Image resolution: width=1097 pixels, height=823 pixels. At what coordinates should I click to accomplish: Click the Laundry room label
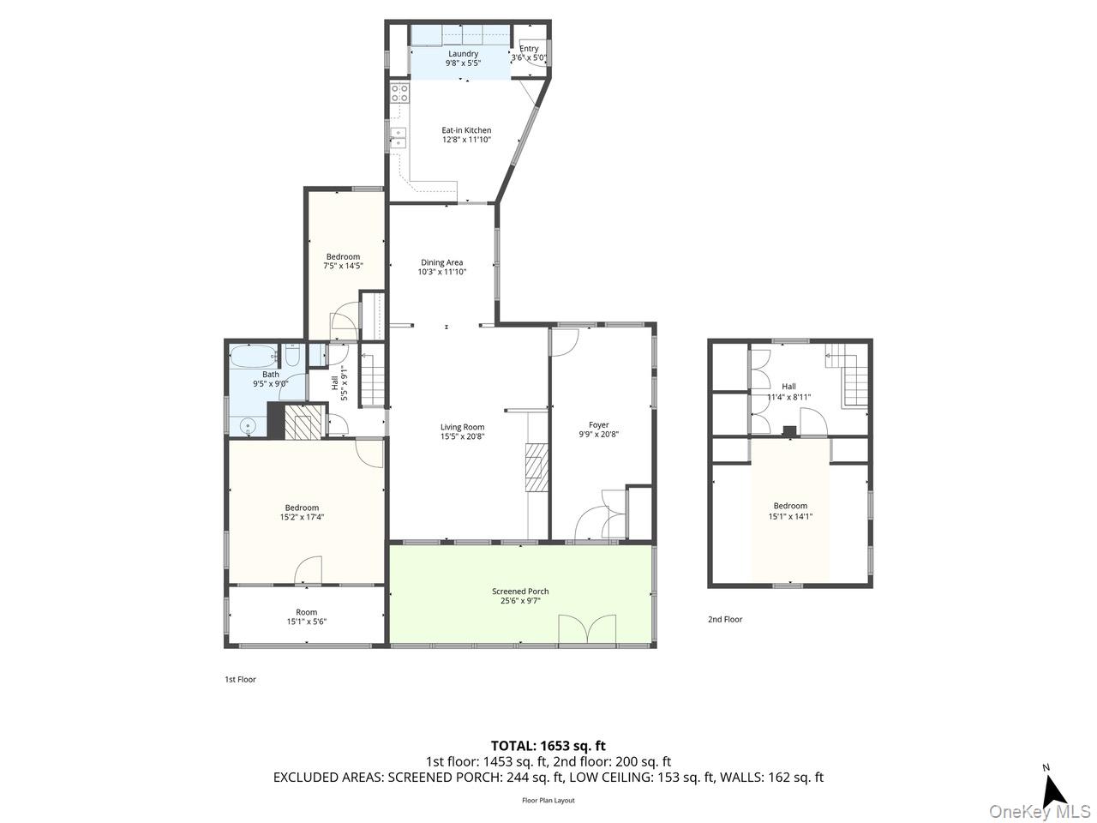(463, 54)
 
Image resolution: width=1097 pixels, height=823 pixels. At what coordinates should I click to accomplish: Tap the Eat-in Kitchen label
(466, 130)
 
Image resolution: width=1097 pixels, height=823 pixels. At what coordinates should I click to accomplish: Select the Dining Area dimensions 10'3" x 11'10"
(441, 272)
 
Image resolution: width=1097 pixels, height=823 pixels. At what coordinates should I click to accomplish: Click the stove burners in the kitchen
(399, 93)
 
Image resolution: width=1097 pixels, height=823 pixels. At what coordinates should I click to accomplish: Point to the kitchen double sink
(399, 138)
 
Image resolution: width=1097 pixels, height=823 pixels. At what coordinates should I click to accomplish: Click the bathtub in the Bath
(254, 357)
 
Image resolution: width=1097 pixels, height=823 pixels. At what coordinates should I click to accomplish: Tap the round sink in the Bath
(248, 426)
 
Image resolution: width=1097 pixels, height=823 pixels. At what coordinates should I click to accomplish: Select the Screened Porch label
(520, 592)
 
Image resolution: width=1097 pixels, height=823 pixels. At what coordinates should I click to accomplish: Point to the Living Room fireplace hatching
(536, 468)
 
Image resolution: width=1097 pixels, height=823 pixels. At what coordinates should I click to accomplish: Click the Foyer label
(599, 425)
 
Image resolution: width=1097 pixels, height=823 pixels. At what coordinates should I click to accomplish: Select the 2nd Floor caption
(725, 620)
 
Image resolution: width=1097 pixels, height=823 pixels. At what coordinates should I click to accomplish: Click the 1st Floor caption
(240, 680)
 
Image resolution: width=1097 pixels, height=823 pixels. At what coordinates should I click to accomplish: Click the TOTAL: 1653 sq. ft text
(548, 746)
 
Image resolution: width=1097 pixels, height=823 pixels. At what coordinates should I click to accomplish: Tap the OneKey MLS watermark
(1040, 811)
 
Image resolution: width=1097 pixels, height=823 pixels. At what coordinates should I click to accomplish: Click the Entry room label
(529, 49)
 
